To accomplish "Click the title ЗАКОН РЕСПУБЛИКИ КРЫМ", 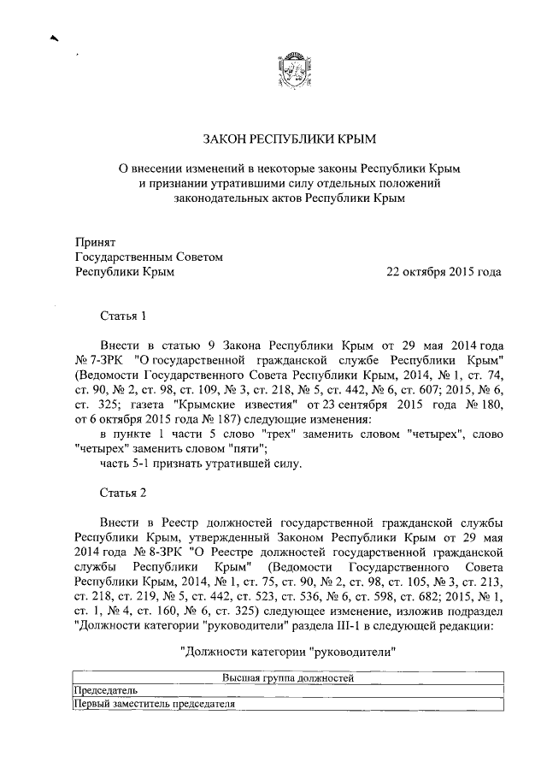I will pos(289,138).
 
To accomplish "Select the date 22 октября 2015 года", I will pos(444,272).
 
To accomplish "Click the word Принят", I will pos(94,241).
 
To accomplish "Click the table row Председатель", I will pos(107,691).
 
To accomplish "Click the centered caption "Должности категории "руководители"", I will pos(289,651).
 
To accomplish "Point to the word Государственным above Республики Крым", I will pos(125,257).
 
